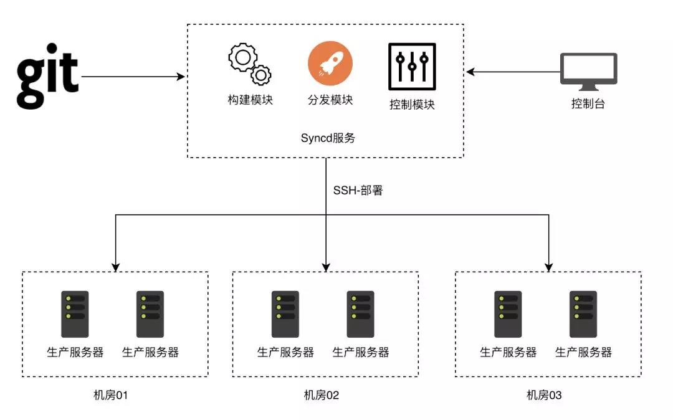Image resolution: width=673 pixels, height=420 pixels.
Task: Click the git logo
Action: tap(47, 75)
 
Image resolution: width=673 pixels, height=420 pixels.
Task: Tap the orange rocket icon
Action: tap(330, 64)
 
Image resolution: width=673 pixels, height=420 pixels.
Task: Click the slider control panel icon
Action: tap(412, 67)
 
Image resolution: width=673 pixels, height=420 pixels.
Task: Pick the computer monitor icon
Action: tap(588, 72)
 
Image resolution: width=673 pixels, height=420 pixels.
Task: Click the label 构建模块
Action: tap(251, 100)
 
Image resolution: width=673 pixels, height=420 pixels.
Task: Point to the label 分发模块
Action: tap(330, 100)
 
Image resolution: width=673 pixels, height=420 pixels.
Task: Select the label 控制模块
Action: tap(412, 104)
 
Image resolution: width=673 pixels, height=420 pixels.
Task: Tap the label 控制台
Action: tap(588, 103)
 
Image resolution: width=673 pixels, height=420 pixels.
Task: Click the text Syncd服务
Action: tap(328, 138)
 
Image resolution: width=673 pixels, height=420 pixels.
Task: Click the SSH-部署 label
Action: tap(358, 190)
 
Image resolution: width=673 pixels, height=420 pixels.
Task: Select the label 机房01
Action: tap(111, 394)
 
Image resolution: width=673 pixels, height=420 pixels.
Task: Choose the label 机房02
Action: tap(321, 394)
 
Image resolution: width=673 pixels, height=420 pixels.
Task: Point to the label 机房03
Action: tap(544, 394)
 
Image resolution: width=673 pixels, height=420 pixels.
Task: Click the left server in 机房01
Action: tap(75, 314)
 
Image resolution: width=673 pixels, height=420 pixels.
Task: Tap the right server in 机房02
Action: tap(361, 314)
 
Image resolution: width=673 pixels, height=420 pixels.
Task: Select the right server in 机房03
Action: tap(583, 314)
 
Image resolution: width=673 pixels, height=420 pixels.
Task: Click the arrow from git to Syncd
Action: tap(133, 77)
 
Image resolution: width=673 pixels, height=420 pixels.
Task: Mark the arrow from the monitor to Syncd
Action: tap(513, 72)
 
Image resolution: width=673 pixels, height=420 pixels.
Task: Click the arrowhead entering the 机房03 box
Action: tap(548, 267)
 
